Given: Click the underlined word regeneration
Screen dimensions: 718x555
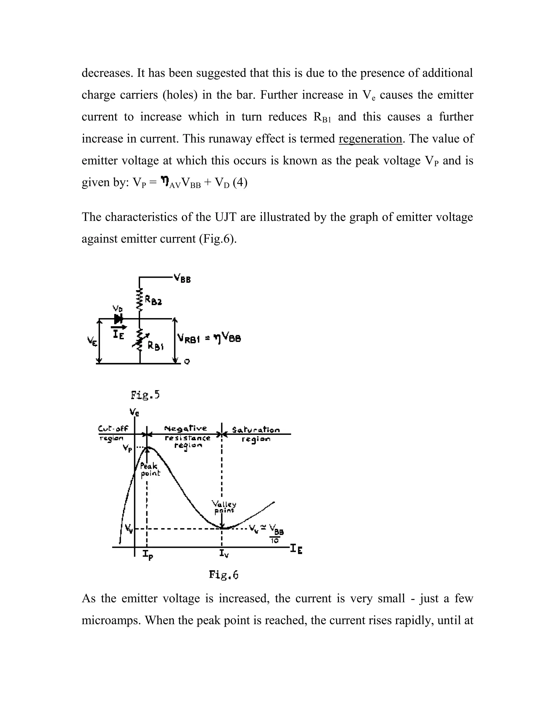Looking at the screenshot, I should pyautogui.click(x=370, y=139).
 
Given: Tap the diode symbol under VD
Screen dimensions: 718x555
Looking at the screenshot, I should pyautogui.click(x=118, y=319).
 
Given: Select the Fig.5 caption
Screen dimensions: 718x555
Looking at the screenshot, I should pyautogui.click(x=145, y=394).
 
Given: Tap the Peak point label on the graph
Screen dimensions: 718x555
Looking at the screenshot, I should pyautogui.click(x=150, y=470).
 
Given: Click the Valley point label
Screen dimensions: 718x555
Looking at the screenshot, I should pyautogui.click(x=224, y=507).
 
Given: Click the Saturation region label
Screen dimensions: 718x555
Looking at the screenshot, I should pyautogui.click(x=256, y=434).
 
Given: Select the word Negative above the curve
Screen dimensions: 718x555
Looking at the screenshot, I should pyautogui.click(x=186, y=428).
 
